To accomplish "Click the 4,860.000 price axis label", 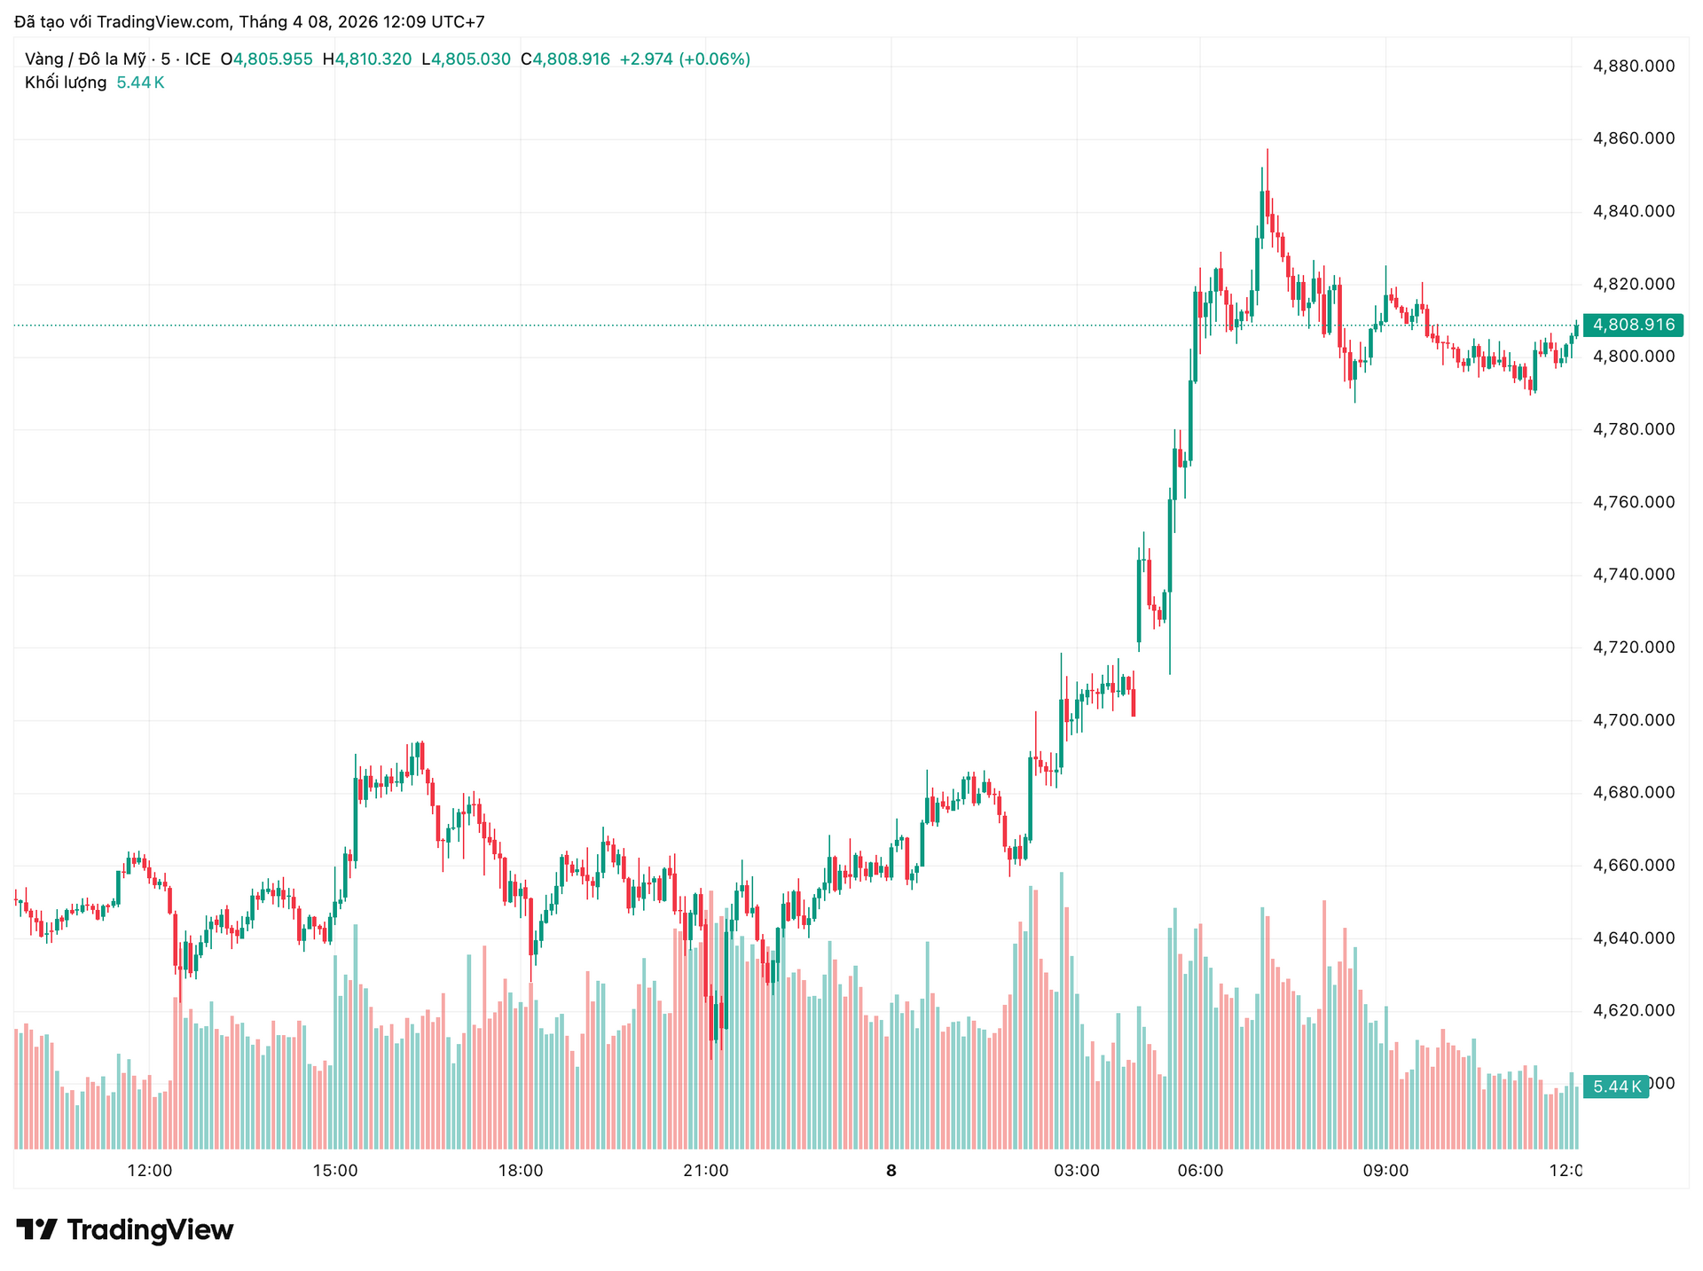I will click(1634, 138).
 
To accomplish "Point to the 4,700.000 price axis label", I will click(1634, 720).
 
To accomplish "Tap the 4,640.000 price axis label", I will click(1634, 938).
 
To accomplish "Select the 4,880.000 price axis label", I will click(1634, 66).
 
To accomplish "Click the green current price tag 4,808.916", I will click(1633, 325).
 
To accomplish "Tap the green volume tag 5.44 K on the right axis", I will click(1616, 1087).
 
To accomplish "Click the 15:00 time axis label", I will click(335, 1171).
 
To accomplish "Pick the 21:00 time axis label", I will click(706, 1171).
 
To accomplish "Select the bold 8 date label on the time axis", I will click(891, 1171).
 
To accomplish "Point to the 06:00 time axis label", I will click(1200, 1171).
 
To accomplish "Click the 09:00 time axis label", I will click(1385, 1171).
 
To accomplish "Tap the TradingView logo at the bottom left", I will click(125, 1230).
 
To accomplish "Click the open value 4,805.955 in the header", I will click(272, 59).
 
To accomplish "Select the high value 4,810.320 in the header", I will click(373, 59).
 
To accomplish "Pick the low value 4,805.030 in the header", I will click(471, 59).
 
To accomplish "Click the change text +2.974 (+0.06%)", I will click(685, 59).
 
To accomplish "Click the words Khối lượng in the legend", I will click(66, 82).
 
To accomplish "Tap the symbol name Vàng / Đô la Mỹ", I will click(85, 59).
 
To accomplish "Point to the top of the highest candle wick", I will click(1267, 150).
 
